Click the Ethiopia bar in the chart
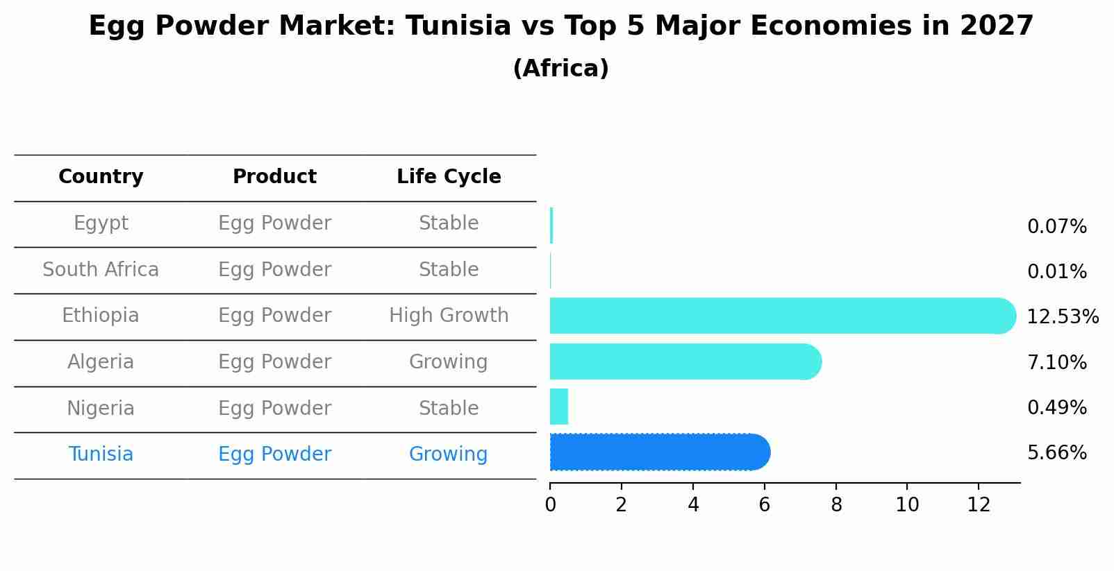(781, 316)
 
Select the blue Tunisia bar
(660, 452)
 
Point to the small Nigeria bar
(559, 407)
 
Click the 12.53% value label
(1062, 317)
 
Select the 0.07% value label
(1056, 227)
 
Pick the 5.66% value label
(1056, 453)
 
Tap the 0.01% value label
(1056, 272)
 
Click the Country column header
(101, 177)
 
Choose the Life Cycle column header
(449, 177)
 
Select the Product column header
(274, 177)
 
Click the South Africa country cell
(101, 269)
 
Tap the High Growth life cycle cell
(449, 316)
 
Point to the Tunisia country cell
(101, 454)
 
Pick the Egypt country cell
(101, 223)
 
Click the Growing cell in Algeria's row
(449, 362)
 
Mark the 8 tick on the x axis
(836, 505)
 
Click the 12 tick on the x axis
(979, 505)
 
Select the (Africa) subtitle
(560, 69)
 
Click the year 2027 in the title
(997, 26)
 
